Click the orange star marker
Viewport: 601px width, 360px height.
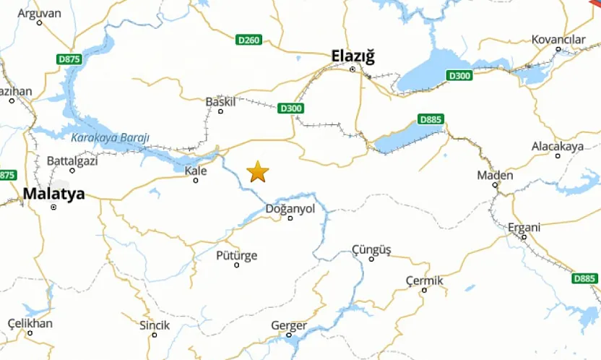click(x=258, y=172)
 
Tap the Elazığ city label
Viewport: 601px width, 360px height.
click(x=353, y=56)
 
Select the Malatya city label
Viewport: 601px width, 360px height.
click(x=53, y=194)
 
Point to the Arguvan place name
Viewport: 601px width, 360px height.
click(x=39, y=12)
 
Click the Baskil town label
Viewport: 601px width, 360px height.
click(x=221, y=101)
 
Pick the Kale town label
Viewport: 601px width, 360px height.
click(x=196, y=171)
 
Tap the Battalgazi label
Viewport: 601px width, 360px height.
click(x=71, y=160)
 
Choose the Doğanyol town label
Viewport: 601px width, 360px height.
click(x=291, y=208)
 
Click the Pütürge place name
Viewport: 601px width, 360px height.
click(x=236, y=255)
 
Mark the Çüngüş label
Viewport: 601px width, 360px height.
click(x=371, y=249)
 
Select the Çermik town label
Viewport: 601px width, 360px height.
click(x=424, y=280)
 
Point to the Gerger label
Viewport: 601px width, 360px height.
click(x=289, y=325)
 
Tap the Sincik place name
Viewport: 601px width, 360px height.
click(x=155, y=325)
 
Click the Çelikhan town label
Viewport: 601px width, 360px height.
click(x=30, y=323)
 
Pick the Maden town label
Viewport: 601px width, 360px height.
click(x=496, y=175)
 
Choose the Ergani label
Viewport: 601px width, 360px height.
click(x=524, y=227)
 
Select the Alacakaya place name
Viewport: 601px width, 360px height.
click(x=557, y=146)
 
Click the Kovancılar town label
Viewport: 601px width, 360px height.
click(x=558, y=39)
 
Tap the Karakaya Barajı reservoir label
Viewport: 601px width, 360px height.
click(x=110, y=137)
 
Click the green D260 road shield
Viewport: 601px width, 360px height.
click(x=248, y=40)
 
